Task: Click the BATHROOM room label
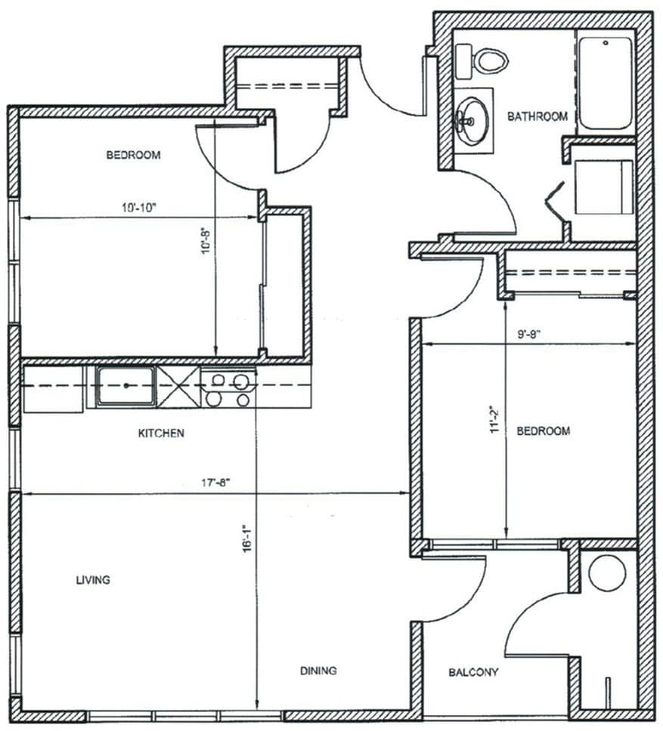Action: [537, 116]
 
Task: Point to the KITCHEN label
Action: [160, 433]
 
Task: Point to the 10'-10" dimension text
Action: [138, 208]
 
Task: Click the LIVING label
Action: [93, 580]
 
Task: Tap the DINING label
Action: [318, 671]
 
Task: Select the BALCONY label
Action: [473, 672]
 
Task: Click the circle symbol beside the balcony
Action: [607, 572]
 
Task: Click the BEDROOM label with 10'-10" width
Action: [134, 156]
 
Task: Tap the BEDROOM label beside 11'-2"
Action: [543, 431]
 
